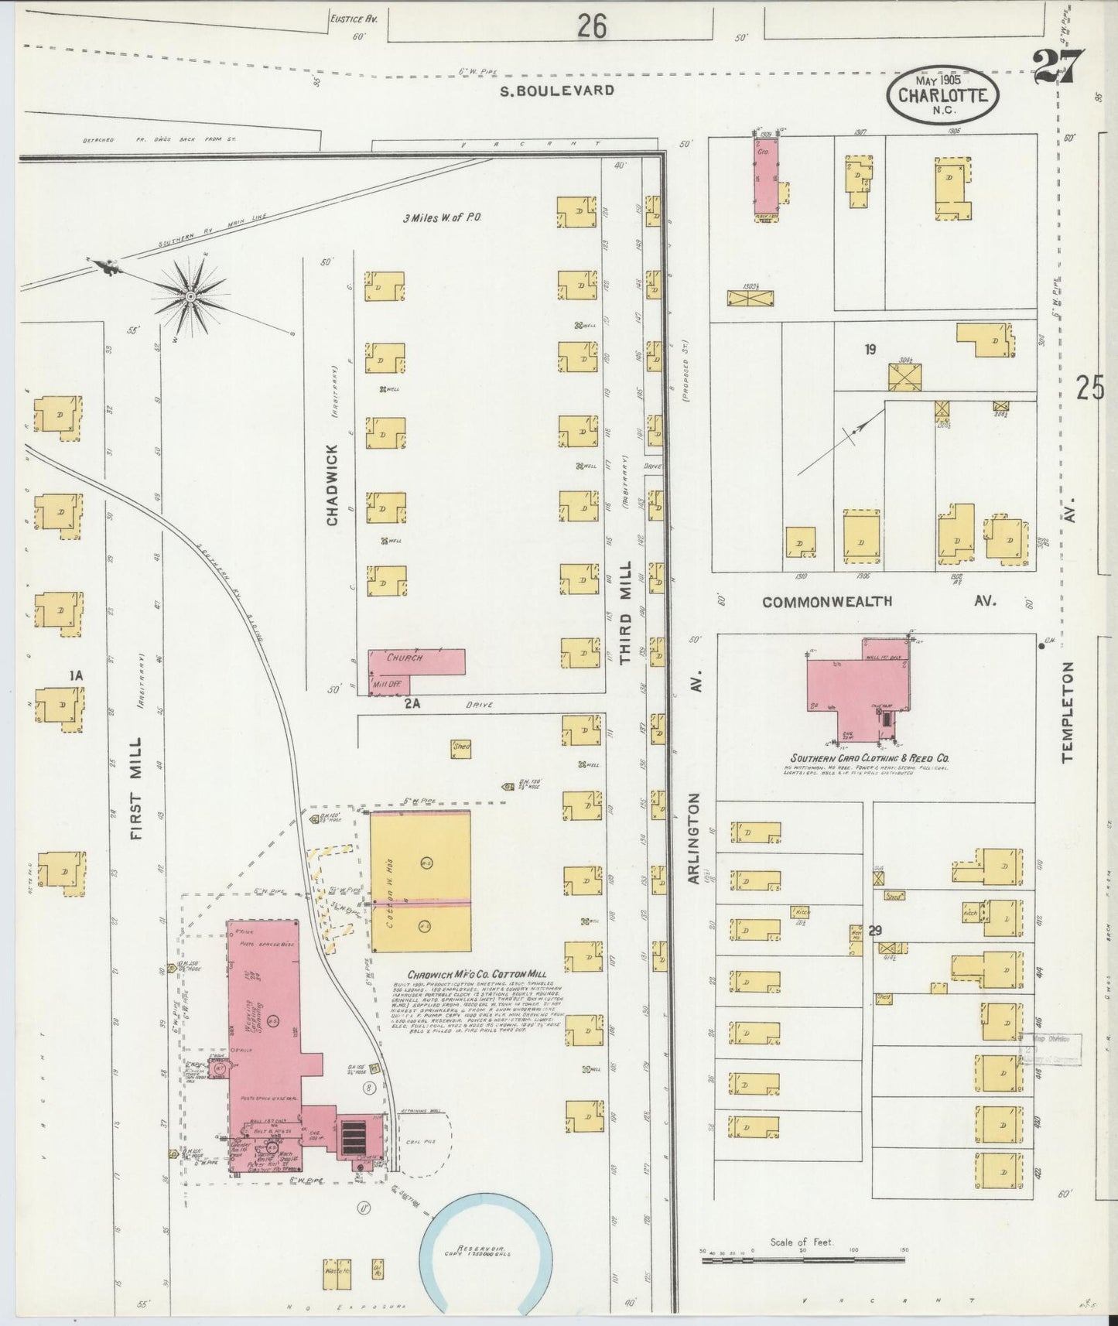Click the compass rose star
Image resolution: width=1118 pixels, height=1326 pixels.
[190, 296]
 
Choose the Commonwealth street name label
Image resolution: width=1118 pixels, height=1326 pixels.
[827, 601]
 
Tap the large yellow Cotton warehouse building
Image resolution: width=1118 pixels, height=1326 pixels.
[420, 881]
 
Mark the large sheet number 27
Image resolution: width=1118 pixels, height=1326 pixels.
[1058, 67]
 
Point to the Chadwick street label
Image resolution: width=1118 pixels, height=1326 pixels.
[332, 484]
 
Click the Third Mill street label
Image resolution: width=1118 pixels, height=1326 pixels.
[625, 612]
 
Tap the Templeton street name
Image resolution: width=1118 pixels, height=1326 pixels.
[1069, 712]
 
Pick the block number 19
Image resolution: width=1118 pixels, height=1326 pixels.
[870, 350]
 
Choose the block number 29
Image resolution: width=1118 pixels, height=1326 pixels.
[874, 931]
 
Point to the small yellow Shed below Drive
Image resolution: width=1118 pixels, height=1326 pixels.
[462, 747]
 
